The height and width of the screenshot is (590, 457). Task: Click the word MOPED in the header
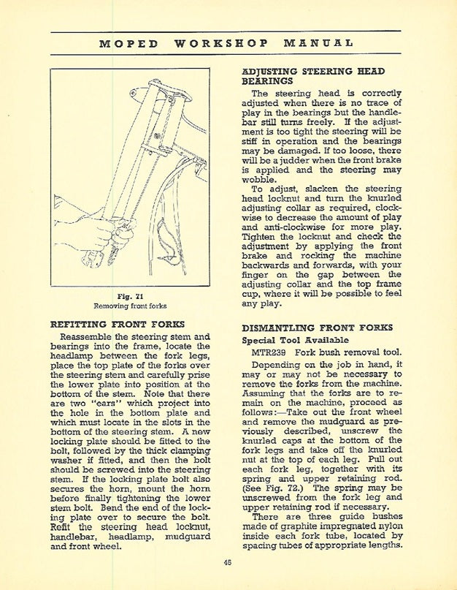click(x=129, y=43)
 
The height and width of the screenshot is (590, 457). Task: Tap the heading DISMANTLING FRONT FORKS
click(x=317, y=328)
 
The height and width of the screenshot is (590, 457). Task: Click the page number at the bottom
click(x=228, y=561)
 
